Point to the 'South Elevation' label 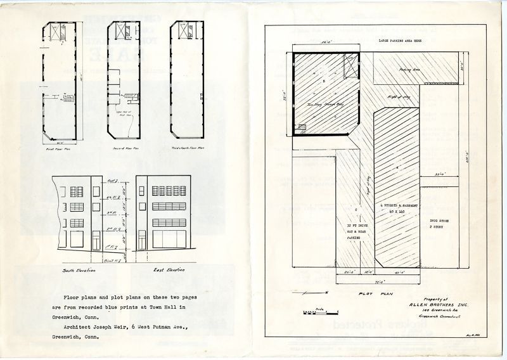coord(78,271)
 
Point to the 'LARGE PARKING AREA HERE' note coord(404,40)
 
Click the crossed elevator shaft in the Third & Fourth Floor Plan coord(182,29)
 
